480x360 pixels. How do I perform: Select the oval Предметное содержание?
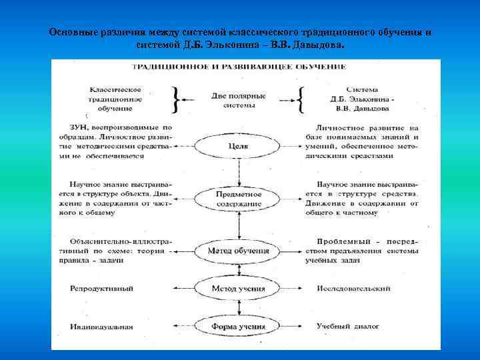238,198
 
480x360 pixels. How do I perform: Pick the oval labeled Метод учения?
238,289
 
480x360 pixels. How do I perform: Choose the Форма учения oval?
238,327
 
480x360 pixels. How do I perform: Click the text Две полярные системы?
238,100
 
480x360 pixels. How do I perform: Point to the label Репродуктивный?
101,289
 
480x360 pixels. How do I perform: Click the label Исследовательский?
351,289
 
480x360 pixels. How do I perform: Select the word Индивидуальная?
101,327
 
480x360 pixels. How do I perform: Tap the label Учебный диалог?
348,327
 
